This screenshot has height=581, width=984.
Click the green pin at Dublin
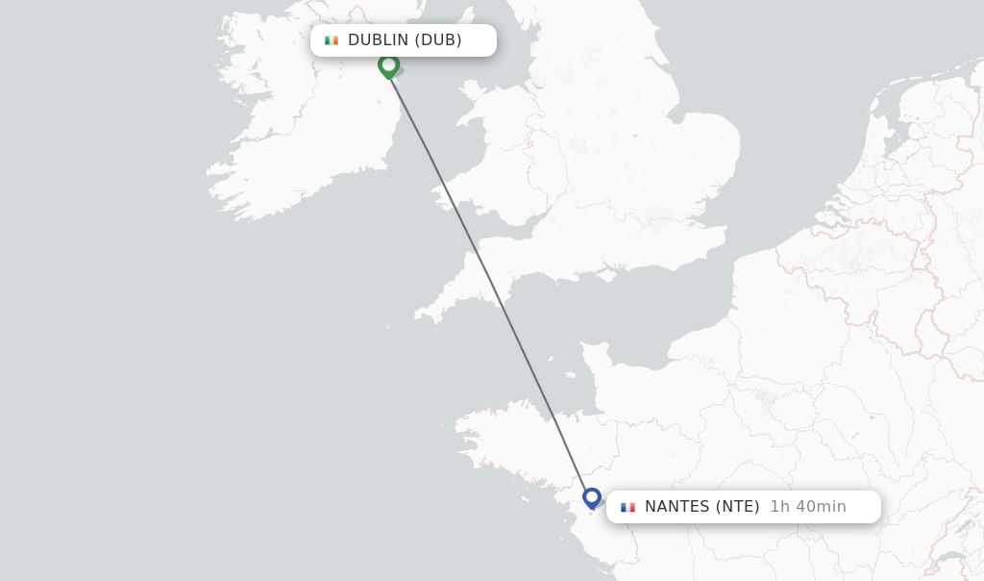pyautogui.click(x=388, y=65)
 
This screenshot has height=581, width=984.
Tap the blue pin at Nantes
pyautogui.click(x=592, y=497)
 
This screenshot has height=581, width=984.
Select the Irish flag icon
pyautogui.click(x=332, y=40)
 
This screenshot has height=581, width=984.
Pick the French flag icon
pyautogui.click(x=627, y=507)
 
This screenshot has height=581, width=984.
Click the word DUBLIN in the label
pyautogui.click(x=379, y=40)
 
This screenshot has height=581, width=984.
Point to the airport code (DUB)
pyautogui.click(x=438, y=40)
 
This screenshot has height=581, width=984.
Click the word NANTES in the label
pyautogui.click(x=676, y=507)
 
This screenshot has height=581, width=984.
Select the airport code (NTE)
pyautogui.click(x=738, y=507)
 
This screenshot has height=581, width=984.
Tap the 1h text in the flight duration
pyautogui.click(x=780, y=507)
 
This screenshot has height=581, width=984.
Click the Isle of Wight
pyautogui.click(x=605, y=274)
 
